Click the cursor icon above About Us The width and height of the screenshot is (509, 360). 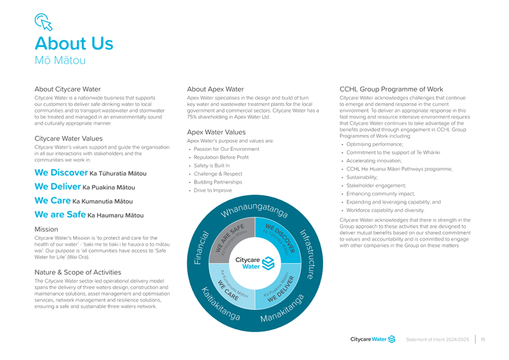click(44, 22)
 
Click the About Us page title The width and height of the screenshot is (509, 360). click(74, 43)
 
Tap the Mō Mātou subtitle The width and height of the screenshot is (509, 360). click(60, 60)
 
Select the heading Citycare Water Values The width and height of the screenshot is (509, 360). click(69, 138)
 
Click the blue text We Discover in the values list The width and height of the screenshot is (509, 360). click(62, 173)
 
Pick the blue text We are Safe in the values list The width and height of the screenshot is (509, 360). click(60, 215)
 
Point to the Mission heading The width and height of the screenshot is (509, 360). click(46, 229)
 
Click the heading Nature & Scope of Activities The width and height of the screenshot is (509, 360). click(78, 272)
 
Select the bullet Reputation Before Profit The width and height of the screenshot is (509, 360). click(221, 157)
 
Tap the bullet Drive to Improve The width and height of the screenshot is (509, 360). click(213, 191)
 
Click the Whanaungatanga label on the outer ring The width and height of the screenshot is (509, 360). click(254, 210)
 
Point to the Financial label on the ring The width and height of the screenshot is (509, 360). click(201, 248)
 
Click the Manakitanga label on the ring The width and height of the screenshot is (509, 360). click(282, 308)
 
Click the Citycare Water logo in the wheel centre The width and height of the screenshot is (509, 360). click(255, 263)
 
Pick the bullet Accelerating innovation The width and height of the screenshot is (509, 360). click(374, 161)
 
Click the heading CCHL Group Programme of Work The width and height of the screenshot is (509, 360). click(391, 89)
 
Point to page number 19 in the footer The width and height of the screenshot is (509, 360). click(483, 339)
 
